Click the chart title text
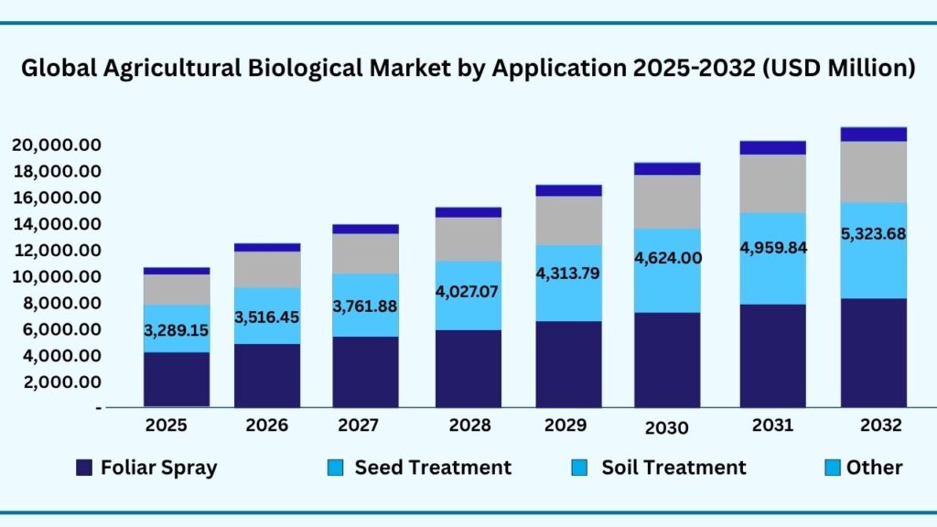(468, 69)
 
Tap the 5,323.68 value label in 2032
(874, 233)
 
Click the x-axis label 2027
(366, 425)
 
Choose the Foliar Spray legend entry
(146, 468)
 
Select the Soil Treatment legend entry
(659, 468)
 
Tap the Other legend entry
(864, 468)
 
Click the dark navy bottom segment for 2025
(176, 380)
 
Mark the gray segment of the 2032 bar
(874, 172)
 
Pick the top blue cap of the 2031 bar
(772, 147)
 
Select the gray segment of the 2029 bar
(569, 220)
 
